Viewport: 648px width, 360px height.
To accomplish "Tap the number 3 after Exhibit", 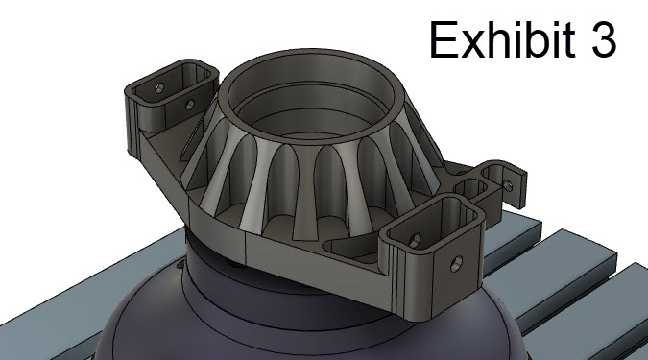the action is (x=605, y=40).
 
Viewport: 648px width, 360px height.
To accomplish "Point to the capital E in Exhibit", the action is (x=443, y=39).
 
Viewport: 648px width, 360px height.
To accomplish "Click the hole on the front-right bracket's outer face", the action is (x=456, y=264).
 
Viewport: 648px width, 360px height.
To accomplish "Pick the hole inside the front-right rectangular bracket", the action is (x=415, y=241).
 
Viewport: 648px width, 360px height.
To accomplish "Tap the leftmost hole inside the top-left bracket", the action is (x=159, y=88).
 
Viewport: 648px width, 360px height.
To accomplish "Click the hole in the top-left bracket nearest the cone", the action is (x=190, y=105).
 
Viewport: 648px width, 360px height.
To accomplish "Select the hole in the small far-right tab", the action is (x=509, y=185).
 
